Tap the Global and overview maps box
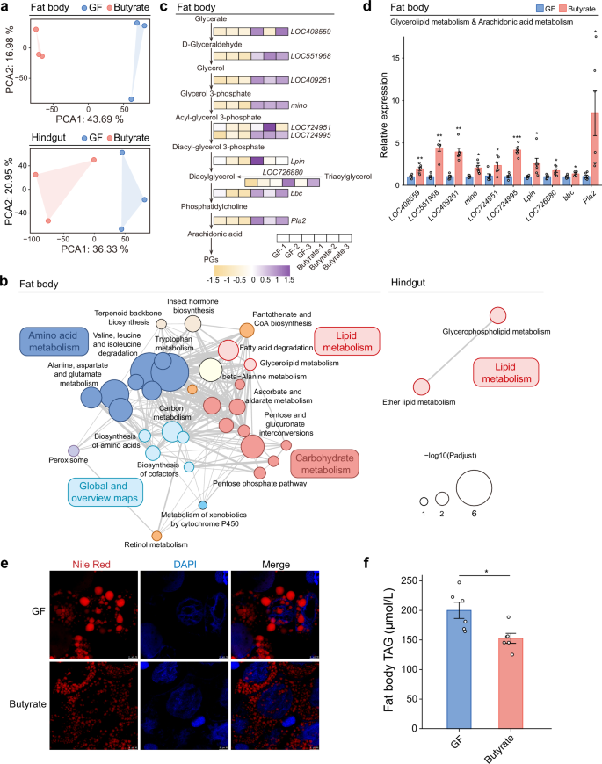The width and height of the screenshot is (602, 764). pos(104,491)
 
